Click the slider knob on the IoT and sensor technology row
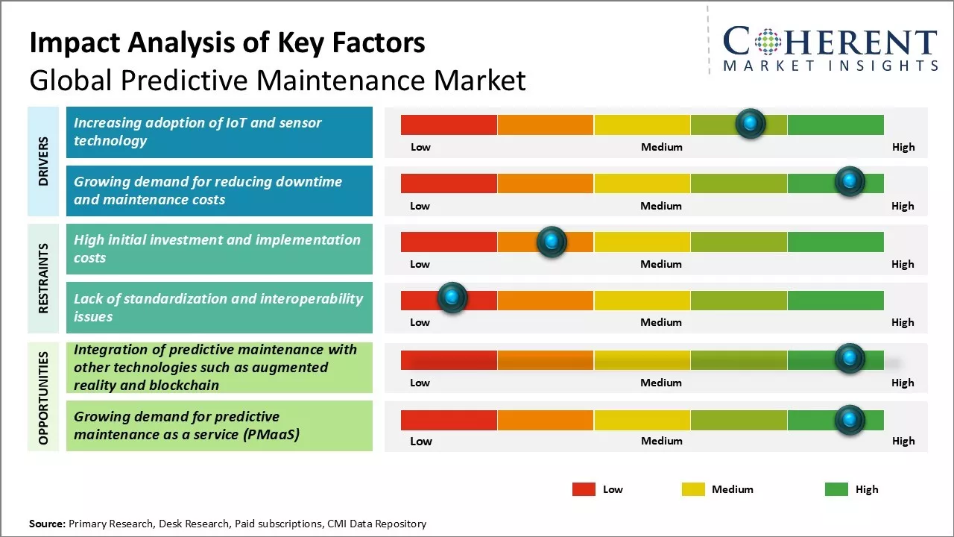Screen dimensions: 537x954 point(751,123)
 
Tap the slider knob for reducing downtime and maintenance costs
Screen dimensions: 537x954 point(849,181)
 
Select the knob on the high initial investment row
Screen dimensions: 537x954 point(552,242)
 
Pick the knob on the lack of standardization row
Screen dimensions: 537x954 point(452,298)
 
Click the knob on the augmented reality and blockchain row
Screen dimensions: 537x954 point(849,359)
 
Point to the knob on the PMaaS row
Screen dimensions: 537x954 point(849,420)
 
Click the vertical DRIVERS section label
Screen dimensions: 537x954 point(43,161)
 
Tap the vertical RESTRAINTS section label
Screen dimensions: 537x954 point(43,278)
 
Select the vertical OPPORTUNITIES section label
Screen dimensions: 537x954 point(43,398)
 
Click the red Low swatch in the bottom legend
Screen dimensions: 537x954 point(584,489)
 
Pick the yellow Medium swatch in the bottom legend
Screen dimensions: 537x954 point(693,489)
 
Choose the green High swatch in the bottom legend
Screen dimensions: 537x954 point(836,489)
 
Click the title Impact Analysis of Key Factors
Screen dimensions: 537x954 point(227,43)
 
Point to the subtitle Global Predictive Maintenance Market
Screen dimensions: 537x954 point(277,81)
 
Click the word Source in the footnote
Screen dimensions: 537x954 point(47,524)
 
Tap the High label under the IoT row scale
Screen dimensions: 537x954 point(903,147)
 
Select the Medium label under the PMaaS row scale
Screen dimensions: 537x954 point(661,441)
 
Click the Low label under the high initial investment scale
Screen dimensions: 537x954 point(420,264)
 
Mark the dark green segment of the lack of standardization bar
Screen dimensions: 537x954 point(835,301)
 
